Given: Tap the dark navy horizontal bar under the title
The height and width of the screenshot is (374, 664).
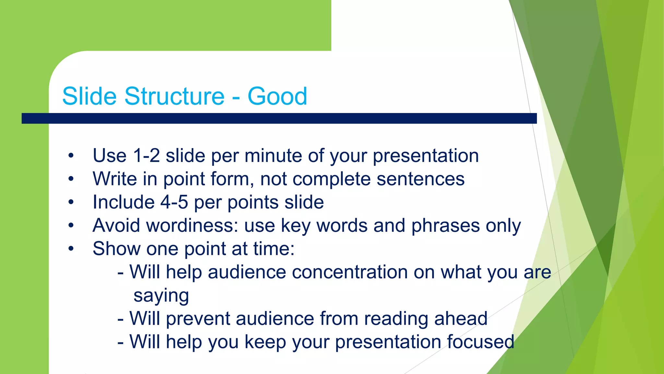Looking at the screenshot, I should (x=279, y=118).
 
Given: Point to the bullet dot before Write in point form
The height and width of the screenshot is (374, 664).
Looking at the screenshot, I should (x=71, y=179).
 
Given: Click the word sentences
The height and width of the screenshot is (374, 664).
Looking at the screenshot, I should (x=421, y=179).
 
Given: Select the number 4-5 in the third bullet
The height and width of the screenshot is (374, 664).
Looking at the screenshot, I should (x=174, y=202).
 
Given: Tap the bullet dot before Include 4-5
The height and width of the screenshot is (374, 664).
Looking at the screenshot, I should (x=71, y=202).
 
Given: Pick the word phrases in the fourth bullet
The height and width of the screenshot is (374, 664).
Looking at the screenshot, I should (x=445, y=225).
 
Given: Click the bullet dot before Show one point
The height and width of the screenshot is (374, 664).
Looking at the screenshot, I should (x=71, y=249).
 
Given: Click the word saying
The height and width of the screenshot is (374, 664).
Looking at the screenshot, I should (x=161, y=296).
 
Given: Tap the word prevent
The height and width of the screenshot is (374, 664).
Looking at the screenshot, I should (x=198, y=318).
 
